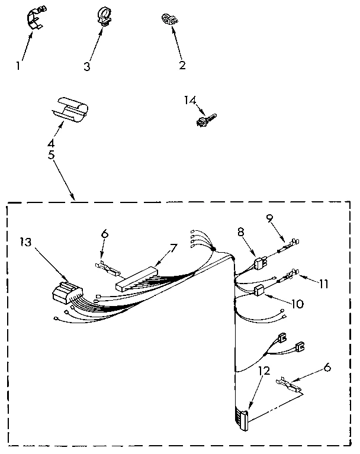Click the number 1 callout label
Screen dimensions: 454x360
point(18,66)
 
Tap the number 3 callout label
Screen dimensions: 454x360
point(87,66)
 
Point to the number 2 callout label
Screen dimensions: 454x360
point(182,65)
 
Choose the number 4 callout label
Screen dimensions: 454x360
point(51,143)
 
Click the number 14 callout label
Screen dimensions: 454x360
point(190,102)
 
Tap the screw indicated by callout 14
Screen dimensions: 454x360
point(204,121)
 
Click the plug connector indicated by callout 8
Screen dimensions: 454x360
point(259,263)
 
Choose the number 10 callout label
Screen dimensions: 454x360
point(298,304)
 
